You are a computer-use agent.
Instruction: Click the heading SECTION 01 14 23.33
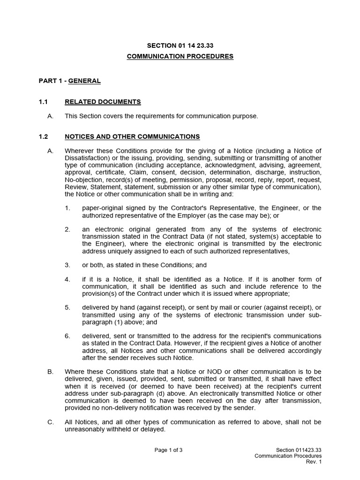tap(180, 45)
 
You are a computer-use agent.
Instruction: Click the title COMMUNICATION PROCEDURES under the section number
tap(180, 56)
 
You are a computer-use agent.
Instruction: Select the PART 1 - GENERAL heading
tap(69, 81)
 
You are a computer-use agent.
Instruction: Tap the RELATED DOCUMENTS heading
tap(103, 102)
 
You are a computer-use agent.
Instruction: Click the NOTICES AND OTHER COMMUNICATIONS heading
tap(132, 136)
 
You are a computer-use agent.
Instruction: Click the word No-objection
tap(83, 180)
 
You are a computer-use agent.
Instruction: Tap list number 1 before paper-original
tap(67, 208)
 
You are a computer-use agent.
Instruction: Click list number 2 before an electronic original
tap(67, 229)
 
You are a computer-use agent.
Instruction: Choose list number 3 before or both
tap(67, 265)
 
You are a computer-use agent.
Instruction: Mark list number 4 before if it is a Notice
tap(67, 279)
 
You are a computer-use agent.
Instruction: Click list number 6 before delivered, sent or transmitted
tap(67, 336)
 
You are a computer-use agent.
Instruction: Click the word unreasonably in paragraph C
tap(88, 429)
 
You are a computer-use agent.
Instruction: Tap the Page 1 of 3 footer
tap(168, 450)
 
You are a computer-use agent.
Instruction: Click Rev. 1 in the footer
tap(314, 462)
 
